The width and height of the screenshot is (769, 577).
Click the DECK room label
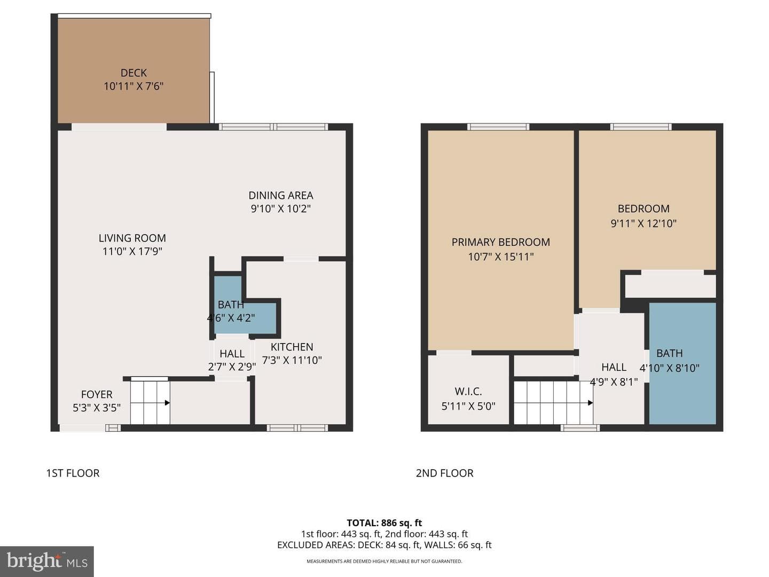pos(134,73)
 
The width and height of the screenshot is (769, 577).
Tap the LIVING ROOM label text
pos(132,238)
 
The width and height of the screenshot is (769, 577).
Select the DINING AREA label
pos(280,196)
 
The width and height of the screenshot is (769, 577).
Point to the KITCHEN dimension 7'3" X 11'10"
pos(292,360)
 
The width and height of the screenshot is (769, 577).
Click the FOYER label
pos(97,394)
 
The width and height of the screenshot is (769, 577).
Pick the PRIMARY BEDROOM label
pos(500,242)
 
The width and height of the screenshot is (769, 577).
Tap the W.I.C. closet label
pos(468,391)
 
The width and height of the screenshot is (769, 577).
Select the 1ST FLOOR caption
pos(73,473)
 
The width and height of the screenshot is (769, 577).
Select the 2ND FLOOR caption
pos(445,473)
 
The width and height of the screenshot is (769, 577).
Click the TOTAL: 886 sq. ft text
pos(384,523)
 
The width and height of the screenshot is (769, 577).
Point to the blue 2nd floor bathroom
pos(682,363)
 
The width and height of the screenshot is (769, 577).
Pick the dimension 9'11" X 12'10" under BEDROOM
pos(644,223)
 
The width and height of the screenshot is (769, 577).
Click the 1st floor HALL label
pos(232,354)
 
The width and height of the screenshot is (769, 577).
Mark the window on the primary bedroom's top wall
pos(498,127)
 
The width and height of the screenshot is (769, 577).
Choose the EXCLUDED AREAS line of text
pos(384,545)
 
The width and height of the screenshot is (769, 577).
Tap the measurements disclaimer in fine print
pos(384,561)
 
